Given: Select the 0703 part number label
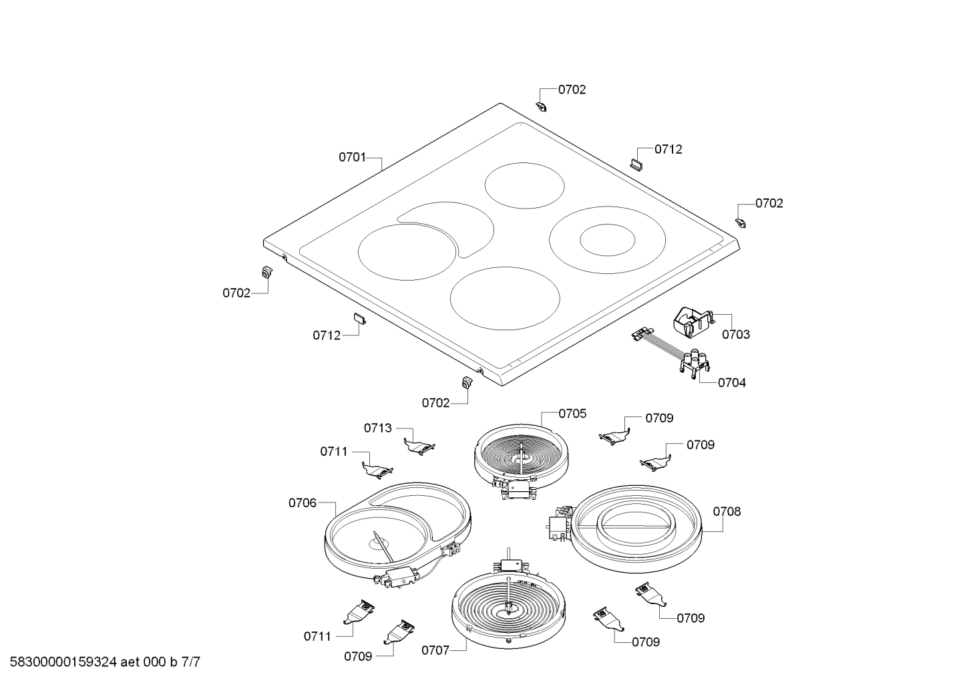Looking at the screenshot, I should click(735, 334).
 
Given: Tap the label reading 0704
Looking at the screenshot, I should click(732, 383).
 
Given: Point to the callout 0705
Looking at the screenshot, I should click(572, 414).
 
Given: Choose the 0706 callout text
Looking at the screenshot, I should click(303, 503).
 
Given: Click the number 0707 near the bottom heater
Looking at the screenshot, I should click(435, 650).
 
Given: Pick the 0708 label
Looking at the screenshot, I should click(727, 512).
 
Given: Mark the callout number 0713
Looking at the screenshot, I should click(378, 428).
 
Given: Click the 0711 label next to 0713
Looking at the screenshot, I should click(334, 452).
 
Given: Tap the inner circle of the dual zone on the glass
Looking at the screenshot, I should click(607, 240).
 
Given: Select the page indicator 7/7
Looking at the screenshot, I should click(190, 663).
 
